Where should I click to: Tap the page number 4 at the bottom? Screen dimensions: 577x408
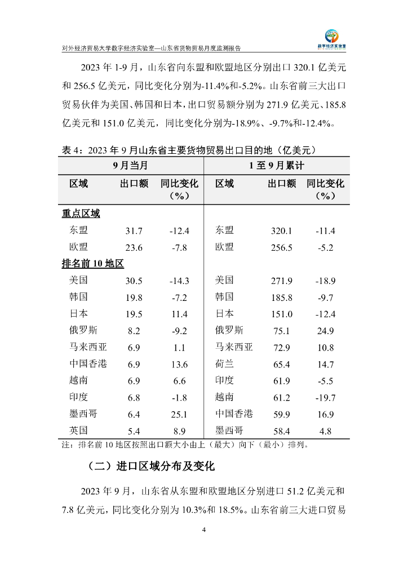[x=204, y=530]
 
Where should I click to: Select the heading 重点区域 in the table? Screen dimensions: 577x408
[x=81, y=214]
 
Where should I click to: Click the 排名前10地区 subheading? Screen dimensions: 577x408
[x=92, y=264]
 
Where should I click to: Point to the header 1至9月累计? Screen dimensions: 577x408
[x=277, y=166]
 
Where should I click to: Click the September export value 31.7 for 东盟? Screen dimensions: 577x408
[x=134, y=231]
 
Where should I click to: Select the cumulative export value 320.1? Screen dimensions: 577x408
[x=282, y=231]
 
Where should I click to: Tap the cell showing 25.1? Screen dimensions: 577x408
[x=179, y=414]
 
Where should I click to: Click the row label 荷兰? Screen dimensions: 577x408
[x=224, y=364]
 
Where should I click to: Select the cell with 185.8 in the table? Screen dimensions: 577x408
[x=282, y=298]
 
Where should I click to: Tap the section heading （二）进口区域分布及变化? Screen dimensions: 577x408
[x=152, y=467]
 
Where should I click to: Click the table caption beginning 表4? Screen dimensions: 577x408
[x=188, y=150]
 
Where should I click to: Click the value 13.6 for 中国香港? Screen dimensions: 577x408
[x=179, y=364]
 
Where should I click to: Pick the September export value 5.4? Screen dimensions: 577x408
[x=134, y=431]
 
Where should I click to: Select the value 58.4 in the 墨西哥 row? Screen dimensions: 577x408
[x=282, y=431]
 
